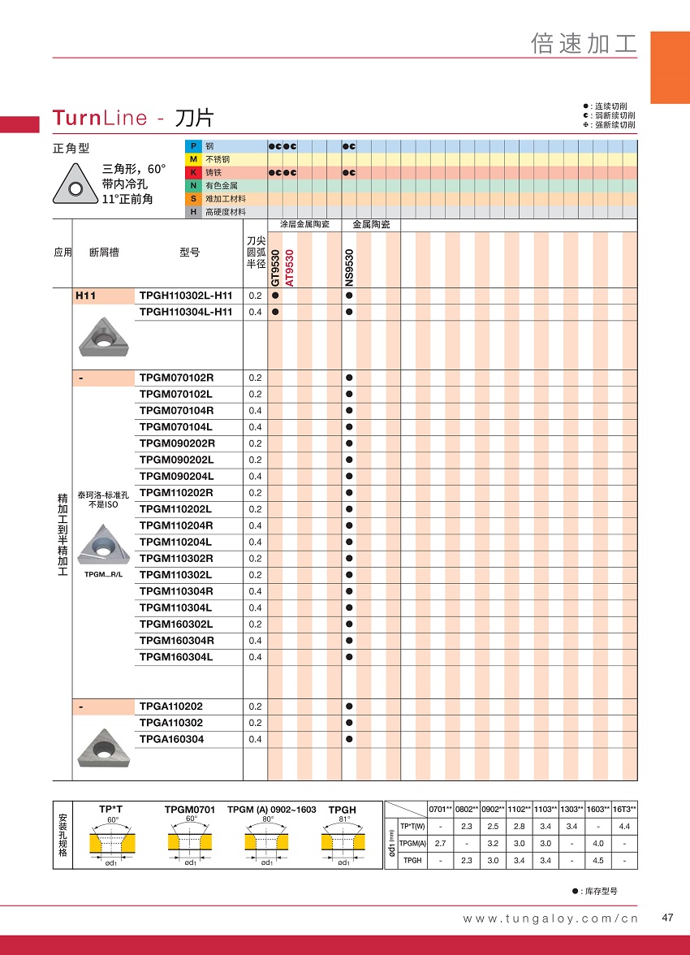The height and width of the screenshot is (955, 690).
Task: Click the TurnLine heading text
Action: [100, 118]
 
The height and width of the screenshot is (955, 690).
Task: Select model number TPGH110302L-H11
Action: [186, 296]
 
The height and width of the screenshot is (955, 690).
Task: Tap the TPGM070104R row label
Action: [176, 410]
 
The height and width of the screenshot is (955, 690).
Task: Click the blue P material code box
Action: [193, 146]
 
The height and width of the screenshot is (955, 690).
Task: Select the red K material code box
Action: [193, 173]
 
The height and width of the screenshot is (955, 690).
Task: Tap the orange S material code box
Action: [193, 199]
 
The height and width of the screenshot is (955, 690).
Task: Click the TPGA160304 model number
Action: [172, 739]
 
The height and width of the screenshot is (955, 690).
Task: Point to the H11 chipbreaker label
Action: [85, 296]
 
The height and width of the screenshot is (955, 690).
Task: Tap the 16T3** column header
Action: [624, 809]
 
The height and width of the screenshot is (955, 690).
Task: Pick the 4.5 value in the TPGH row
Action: [598, 861]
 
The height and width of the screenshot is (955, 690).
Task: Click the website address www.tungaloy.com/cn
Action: [550, 918]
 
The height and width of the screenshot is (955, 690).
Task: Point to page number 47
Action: [668, 918]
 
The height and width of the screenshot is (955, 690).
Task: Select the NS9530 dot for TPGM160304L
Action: [349, 657]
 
